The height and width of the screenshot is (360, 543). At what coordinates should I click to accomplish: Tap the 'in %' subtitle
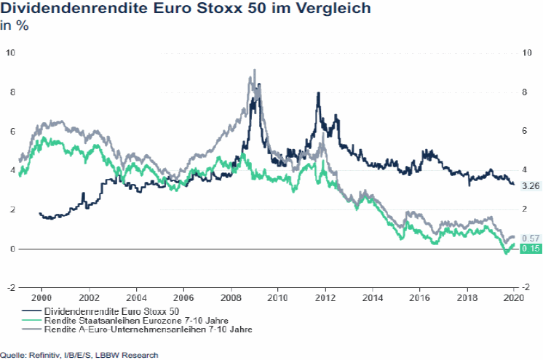[14, 27]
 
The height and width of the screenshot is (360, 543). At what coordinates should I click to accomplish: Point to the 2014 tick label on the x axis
[372, 297]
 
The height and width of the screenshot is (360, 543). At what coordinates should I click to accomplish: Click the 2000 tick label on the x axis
[41, 297]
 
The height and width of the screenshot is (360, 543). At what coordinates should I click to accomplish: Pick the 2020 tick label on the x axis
[514, 297]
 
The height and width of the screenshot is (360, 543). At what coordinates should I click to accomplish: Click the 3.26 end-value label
[530, 185]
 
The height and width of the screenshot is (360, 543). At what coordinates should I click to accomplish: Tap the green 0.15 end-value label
[530, 249]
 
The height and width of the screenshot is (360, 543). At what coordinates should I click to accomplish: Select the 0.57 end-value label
[530, 238]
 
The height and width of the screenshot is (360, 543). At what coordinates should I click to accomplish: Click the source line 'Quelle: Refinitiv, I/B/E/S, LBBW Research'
[79, 355]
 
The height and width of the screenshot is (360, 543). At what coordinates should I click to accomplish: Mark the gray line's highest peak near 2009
[254, 71]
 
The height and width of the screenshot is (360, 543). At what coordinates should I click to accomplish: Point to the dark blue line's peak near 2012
[318, 93]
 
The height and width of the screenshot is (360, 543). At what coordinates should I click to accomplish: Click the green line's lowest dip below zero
[505, 253]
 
